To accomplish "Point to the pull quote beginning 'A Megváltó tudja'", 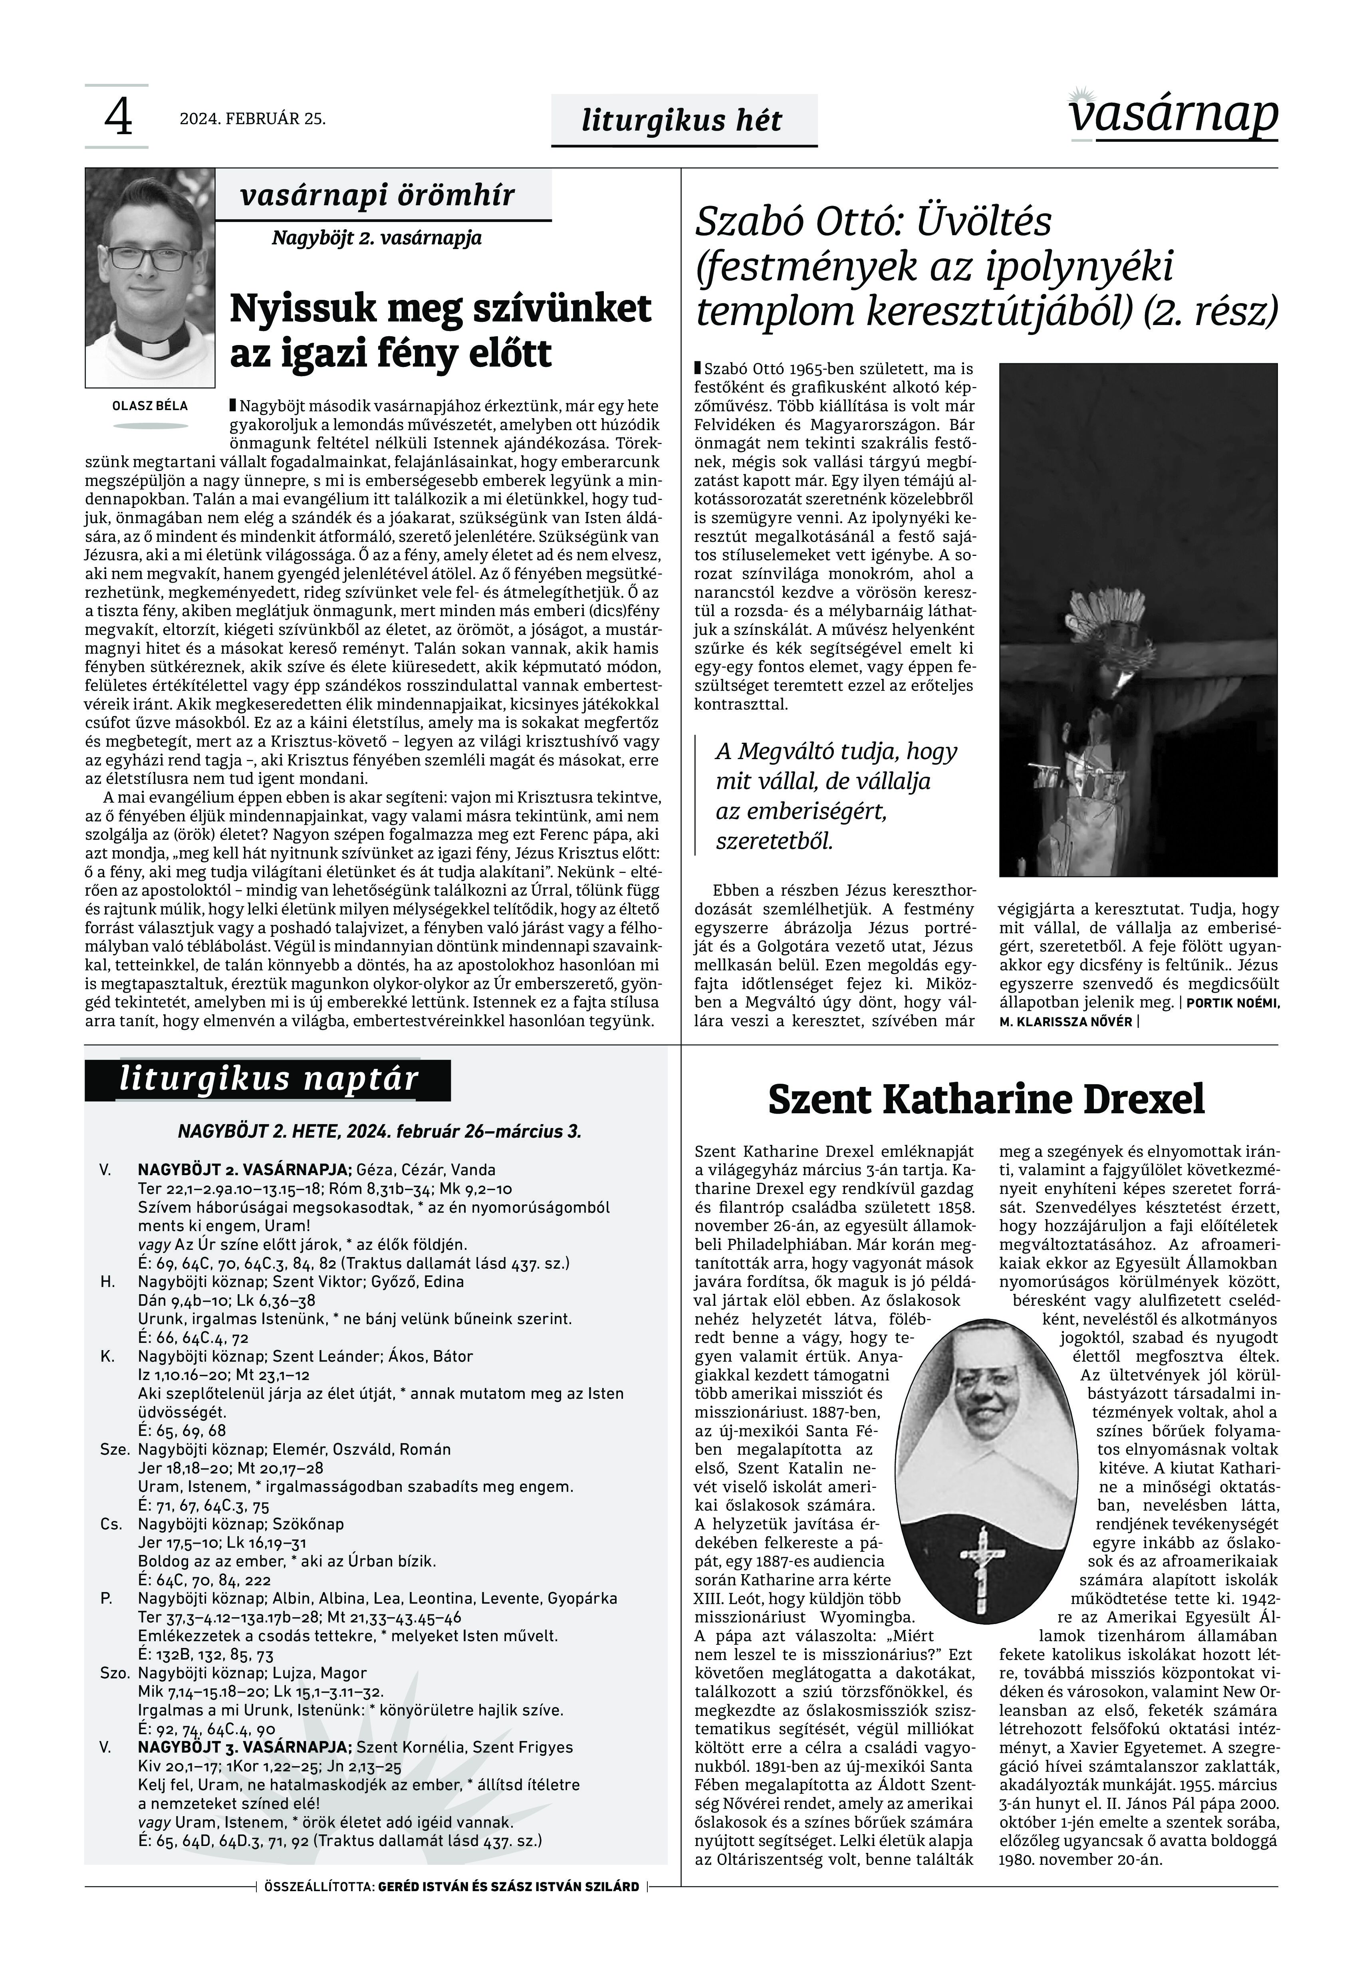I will pyautogui.click(x=835, y=796).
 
